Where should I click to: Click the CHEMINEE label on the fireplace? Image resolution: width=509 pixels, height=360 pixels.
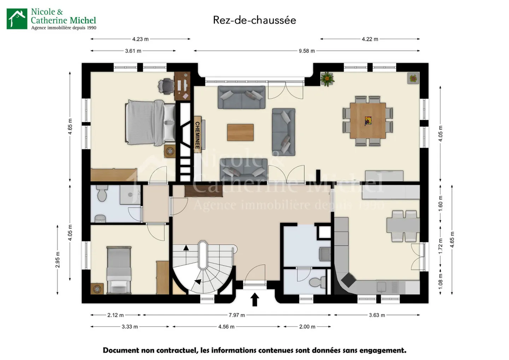pos(197,135)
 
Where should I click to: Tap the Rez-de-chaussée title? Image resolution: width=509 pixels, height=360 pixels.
pos(255,20)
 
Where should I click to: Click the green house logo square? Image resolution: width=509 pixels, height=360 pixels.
pos(17,19)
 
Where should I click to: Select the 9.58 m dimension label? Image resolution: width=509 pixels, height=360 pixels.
pos(307,51)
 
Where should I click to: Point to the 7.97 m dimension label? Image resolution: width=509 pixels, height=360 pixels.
pos(237,315)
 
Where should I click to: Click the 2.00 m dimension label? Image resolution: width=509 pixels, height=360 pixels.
pos(307,327)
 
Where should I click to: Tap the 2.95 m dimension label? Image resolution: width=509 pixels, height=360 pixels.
pos(58,260)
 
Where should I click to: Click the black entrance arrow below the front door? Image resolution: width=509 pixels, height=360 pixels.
pos(255,300)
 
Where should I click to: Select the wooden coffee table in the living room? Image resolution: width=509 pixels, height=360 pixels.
pos(240,133)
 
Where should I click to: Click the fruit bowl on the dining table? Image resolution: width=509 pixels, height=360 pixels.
pos(368,121)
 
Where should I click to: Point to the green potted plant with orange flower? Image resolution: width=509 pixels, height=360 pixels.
pos(327,79)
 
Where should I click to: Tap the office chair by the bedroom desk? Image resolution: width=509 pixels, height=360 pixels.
pos(166,86)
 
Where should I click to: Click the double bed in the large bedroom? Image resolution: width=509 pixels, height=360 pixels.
pos(150,123)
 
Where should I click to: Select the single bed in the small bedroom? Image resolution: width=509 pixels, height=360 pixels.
pos(119,270)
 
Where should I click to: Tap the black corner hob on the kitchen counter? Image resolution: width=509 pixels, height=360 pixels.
pos(348,280)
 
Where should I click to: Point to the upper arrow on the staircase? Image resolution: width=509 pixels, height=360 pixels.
pos(186,248)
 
